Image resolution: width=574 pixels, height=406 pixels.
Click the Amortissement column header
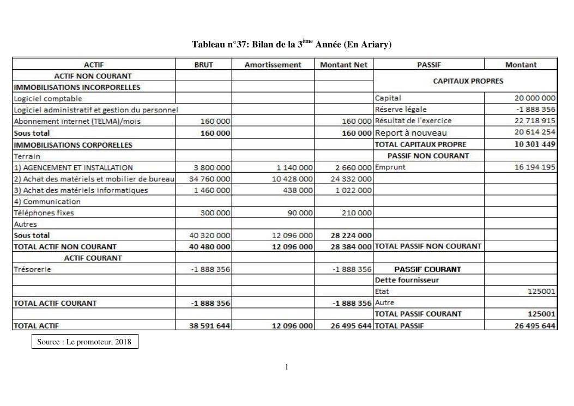coord(273,65)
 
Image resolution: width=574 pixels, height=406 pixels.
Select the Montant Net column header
coord(343,65)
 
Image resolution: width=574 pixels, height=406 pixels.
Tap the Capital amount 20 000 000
coord(535,98)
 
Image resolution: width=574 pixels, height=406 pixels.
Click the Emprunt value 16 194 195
coord(535,167)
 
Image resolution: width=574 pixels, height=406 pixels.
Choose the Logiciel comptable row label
coord(48,99)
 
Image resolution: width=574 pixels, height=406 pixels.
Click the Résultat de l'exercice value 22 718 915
coord(535,121)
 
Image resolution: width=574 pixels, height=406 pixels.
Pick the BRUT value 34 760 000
coord(210,179)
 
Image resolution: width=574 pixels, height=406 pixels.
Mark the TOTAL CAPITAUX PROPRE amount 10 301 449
coord(535,144)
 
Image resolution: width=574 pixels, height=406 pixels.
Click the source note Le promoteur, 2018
coord(84,342)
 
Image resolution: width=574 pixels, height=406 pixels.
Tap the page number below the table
coord(287,367)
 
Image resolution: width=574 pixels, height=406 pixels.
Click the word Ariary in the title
coord(376,45)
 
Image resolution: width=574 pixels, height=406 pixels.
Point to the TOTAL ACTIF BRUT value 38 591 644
coord(209,326)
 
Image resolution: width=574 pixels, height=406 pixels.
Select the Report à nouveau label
coord(410,133)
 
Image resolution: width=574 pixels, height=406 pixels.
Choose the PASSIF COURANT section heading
coord(427,269)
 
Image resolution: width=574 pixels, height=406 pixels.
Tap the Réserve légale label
coord(401,110)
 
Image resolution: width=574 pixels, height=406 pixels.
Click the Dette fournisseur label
coord(407,280)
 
